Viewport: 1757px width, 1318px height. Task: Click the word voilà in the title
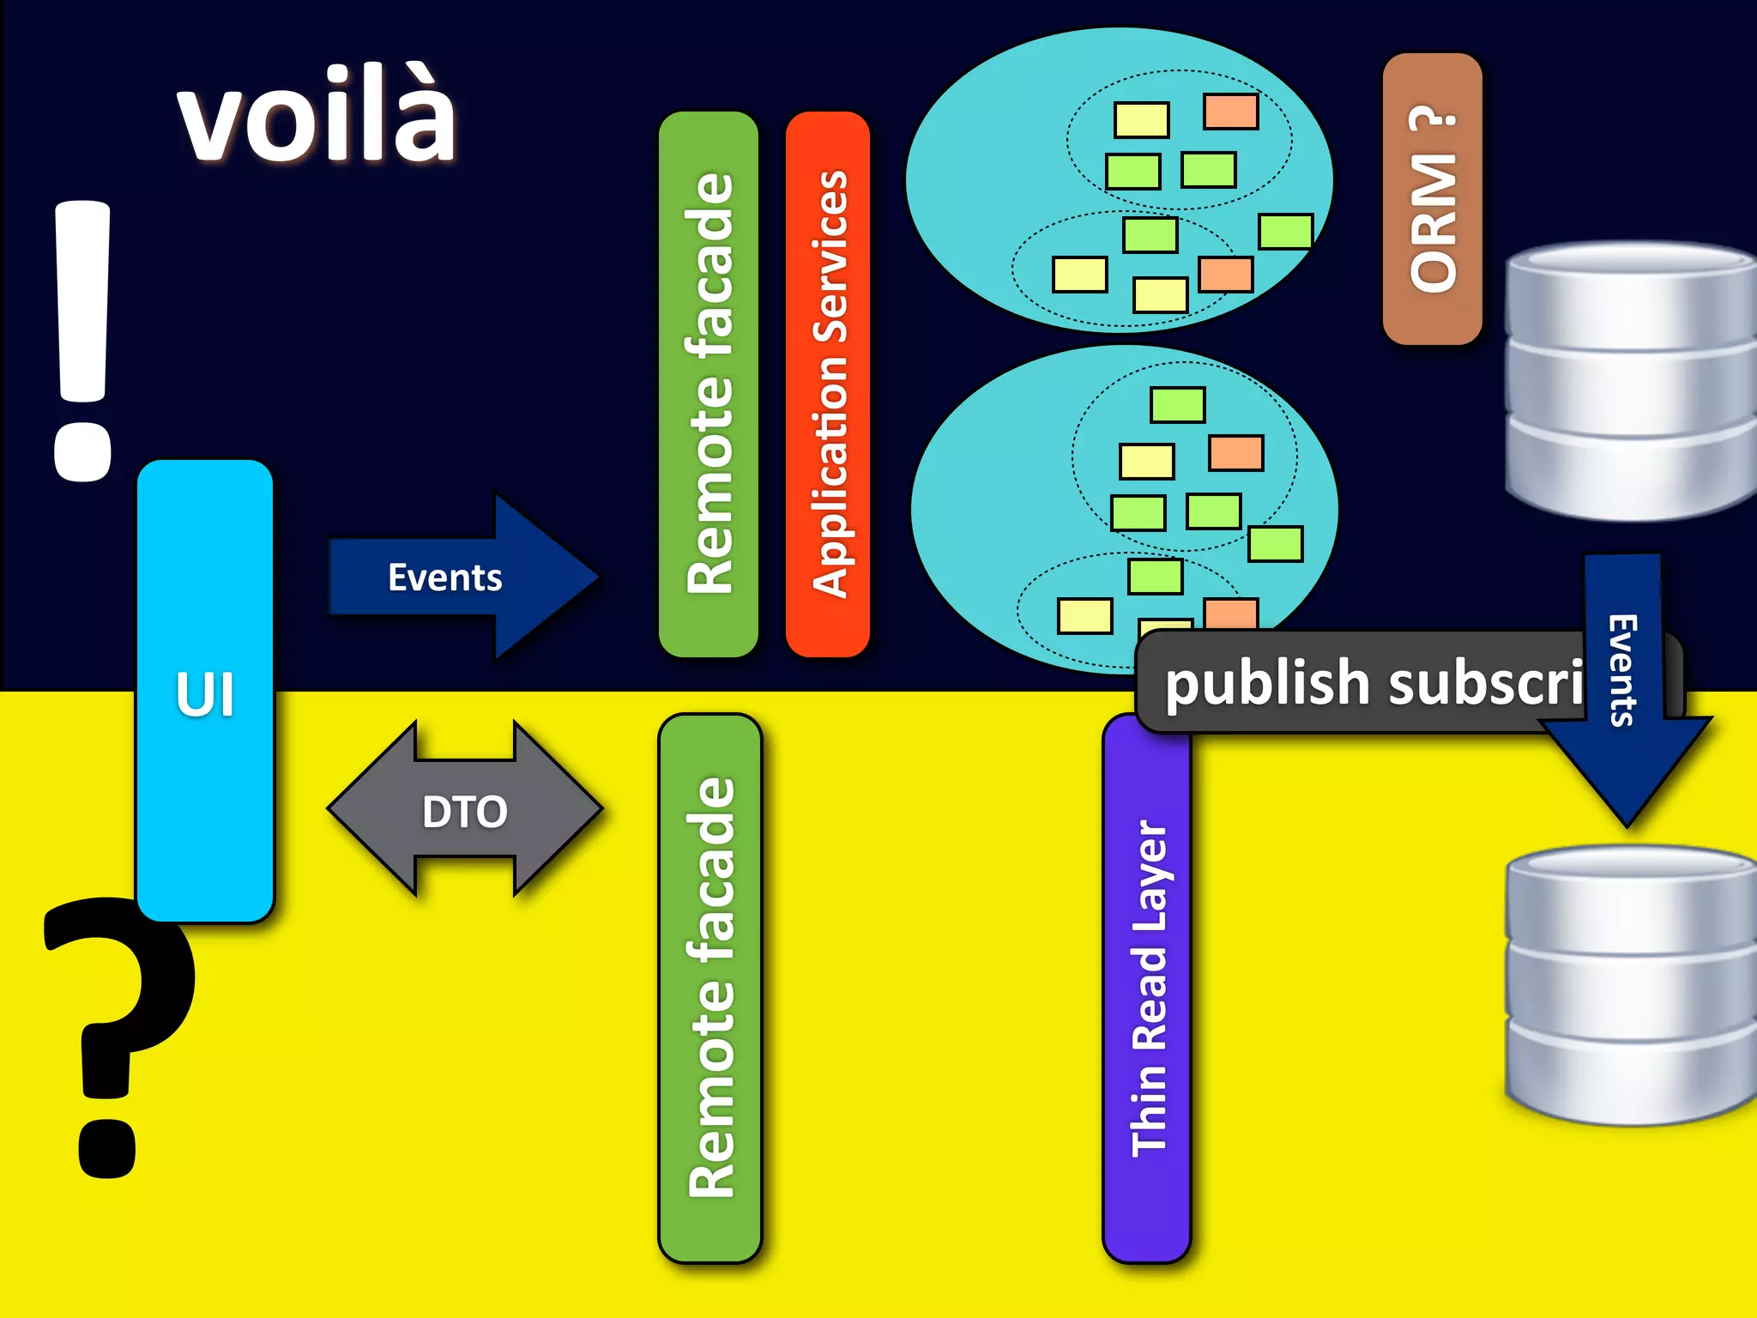(x=317, y=116)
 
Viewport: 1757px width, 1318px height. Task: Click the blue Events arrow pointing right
(x=463, y=577)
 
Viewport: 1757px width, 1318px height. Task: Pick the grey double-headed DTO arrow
(x=465, y=810)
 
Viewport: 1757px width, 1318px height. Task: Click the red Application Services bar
(x=828, y=384)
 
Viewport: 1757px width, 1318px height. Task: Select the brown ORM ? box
(x=1432, y=199)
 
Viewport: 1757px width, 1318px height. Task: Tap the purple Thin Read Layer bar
(x=1147, y=987)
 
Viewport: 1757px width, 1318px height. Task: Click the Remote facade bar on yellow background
(x=709, y=987)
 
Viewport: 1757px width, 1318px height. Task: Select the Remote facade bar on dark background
(x=709, y=384)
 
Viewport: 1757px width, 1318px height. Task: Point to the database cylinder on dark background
(x=1630, y=382)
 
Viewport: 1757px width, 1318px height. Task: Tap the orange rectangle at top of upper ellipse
(x=1230, y=112)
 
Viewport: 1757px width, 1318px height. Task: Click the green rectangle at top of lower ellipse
(x=1177, y=405)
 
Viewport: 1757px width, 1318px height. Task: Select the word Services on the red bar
(x=830, y=257)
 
